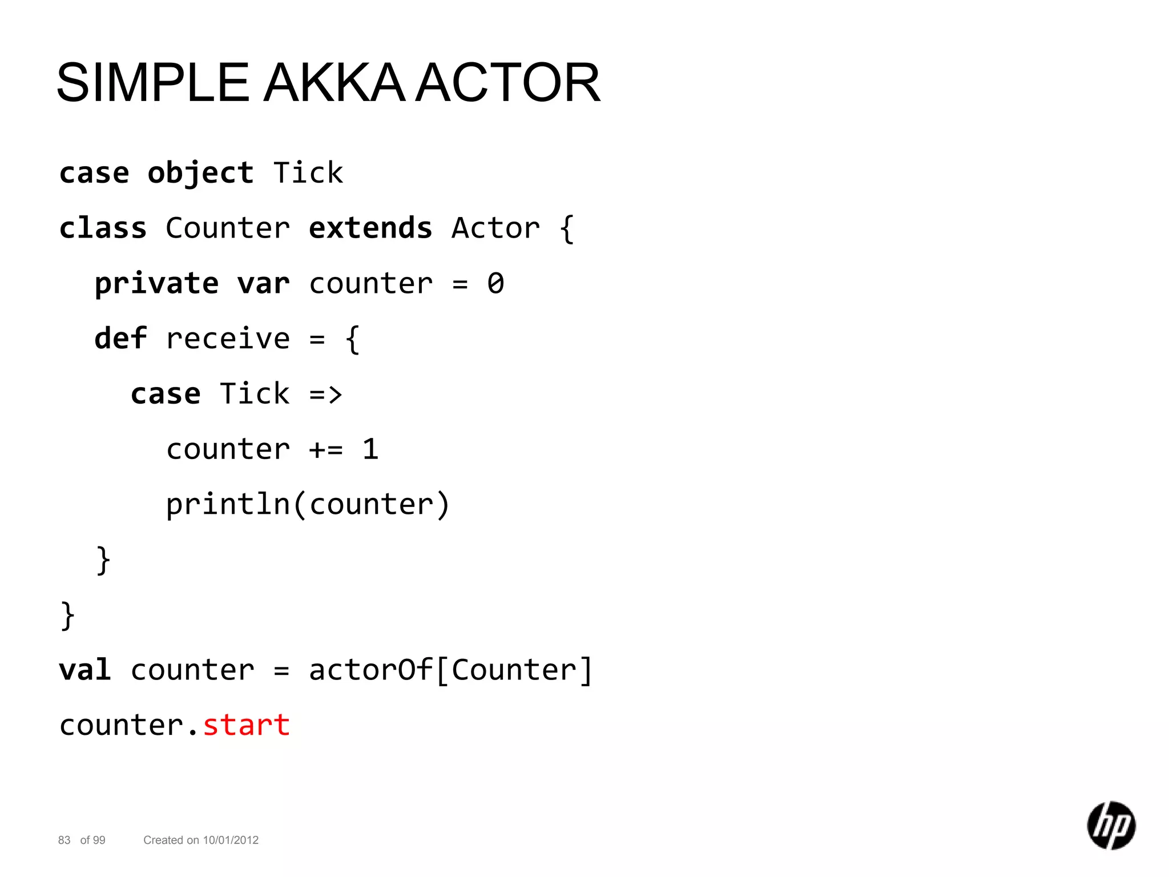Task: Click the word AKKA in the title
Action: click(x=334, y=83)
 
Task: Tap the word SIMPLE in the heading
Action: click(x=153, y=83)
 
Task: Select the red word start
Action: click(x=247, y=726)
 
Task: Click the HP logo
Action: click(x=1111, y=826)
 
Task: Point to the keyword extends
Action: click(x=370, y=228)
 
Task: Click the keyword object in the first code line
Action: click(x=200, y=174)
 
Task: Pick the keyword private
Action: click(x=156, y=284)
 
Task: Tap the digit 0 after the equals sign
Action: click(x=495, y=284)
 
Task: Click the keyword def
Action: click(x=120, y=339)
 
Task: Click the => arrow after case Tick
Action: click(x=326, y=395)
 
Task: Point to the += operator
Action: click(x=326, y=450)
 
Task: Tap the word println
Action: click(x=228, y=505)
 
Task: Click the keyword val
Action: click(x=85, y=670)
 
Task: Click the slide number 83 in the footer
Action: click(x=64, y=840)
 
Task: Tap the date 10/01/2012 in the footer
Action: click(x=231, y=840)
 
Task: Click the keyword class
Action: click(x=103, y=228)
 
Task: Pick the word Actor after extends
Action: click(x=495, y=228)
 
